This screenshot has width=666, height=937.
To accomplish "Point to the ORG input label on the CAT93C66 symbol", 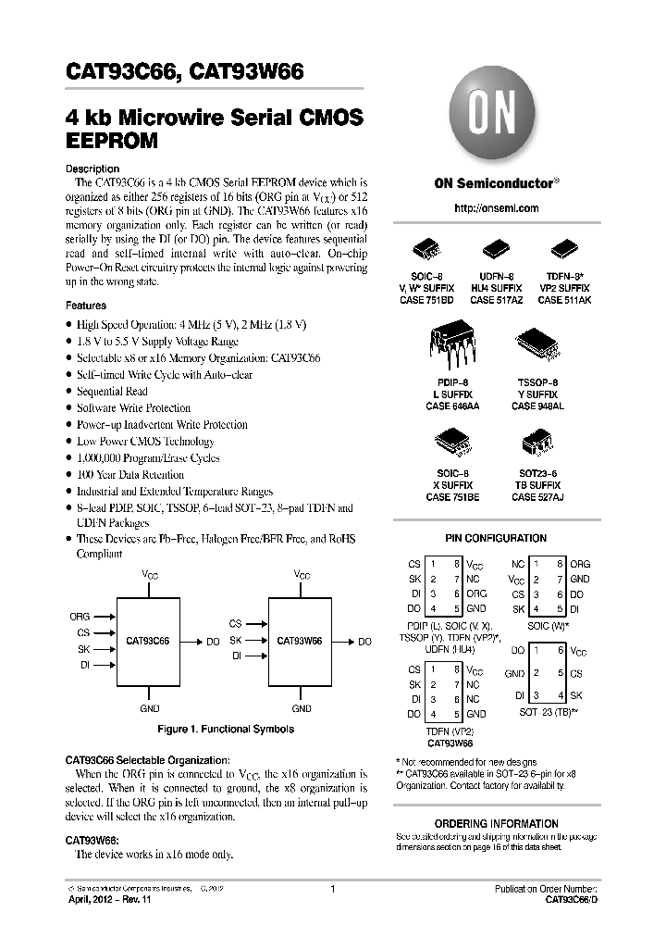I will click(x=80, y=616).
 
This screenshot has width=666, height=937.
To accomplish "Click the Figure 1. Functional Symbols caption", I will click(x=226, y=730).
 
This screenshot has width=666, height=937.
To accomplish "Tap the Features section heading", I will click(x=86, y=306).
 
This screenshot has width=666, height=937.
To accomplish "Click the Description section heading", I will click(x=92, y=169).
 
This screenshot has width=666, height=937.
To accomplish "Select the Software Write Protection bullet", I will click(x=133, y=407).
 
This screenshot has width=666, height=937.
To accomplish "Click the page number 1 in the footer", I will click(x=332, y=890).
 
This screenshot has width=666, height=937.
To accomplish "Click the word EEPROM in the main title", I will click(x=112, y=142).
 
